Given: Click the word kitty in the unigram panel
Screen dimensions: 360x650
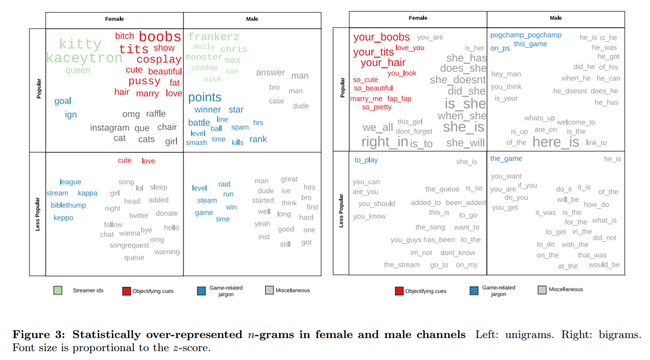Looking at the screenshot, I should point(80,44).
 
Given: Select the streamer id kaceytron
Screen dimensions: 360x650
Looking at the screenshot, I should point(84,58).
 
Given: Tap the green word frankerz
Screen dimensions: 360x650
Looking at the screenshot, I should point(213,37).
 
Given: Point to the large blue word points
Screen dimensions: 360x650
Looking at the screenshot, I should point(204,97).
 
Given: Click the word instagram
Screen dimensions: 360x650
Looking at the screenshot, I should point(110,128).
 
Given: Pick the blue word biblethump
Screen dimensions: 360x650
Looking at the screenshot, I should point(68,205).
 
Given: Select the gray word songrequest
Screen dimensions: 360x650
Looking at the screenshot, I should point(129,245).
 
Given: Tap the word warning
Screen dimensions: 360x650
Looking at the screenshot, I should point(167,252).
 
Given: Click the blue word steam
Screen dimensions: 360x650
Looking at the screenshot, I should point(207,201).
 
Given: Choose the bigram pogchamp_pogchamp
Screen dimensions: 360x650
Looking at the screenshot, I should point(526,35).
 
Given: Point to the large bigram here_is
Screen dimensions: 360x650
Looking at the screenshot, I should point(556,142).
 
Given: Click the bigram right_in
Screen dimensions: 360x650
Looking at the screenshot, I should point(385,142).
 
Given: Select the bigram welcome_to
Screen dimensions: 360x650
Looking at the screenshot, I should point(576,122).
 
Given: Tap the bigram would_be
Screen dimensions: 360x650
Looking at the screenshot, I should point(604,265).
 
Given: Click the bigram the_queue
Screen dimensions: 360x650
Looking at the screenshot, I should point(442,189).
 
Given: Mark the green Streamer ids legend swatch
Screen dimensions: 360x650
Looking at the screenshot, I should point(58,290).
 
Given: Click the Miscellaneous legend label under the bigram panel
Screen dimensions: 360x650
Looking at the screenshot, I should point(566,289).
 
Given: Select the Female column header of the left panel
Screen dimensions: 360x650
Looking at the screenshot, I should point(114,19).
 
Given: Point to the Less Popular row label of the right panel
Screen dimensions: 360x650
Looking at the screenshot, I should point(341,211).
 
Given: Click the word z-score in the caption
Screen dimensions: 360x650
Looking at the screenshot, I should point(189,347).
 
